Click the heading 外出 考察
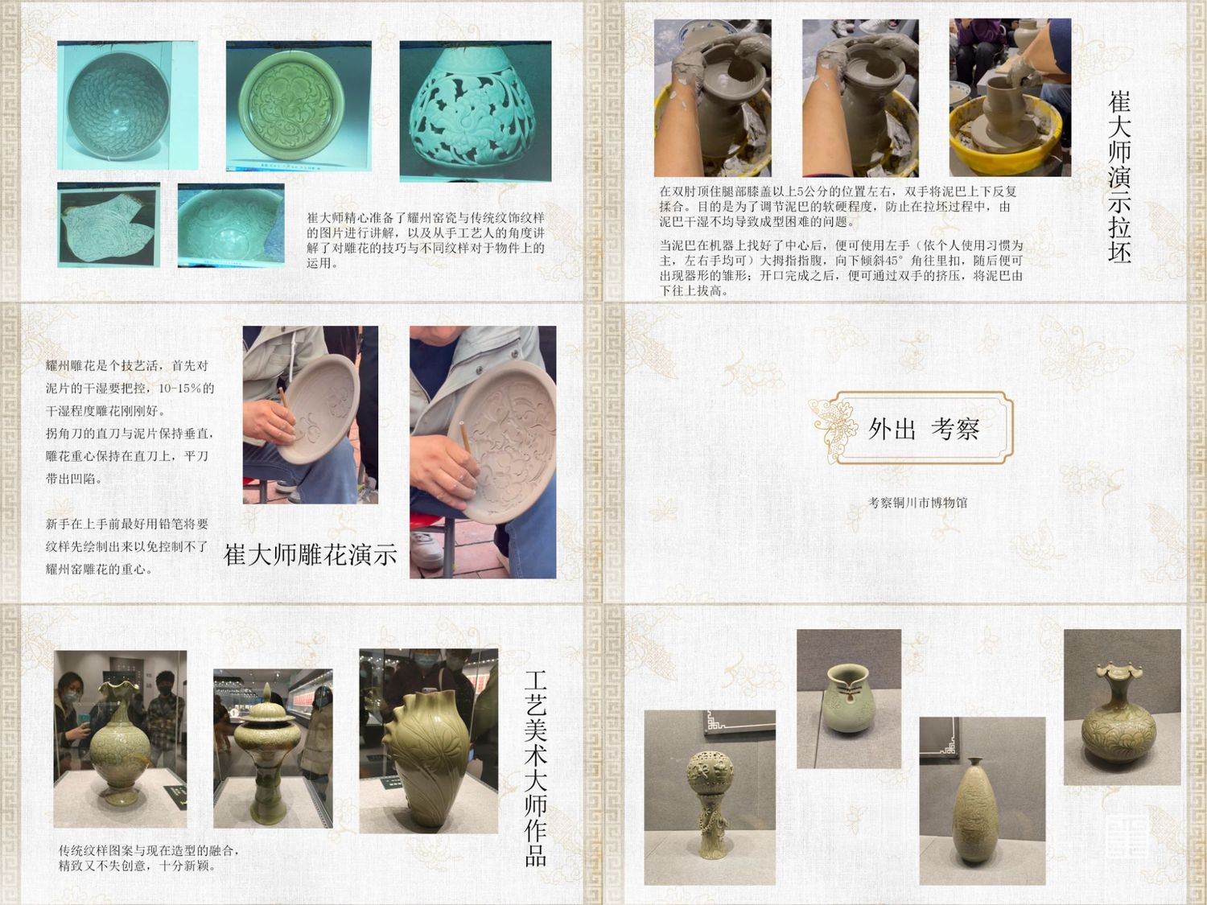pos(924,429)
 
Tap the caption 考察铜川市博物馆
pos(917,502)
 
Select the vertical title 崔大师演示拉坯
pos(1119,178)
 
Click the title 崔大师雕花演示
pos(310,555)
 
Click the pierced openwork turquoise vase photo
pos(476,112)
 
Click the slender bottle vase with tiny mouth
pos(975,814)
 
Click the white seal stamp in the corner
pos(1127,838)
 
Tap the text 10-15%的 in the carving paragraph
pos(186,388)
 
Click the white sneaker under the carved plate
pos(426,549)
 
